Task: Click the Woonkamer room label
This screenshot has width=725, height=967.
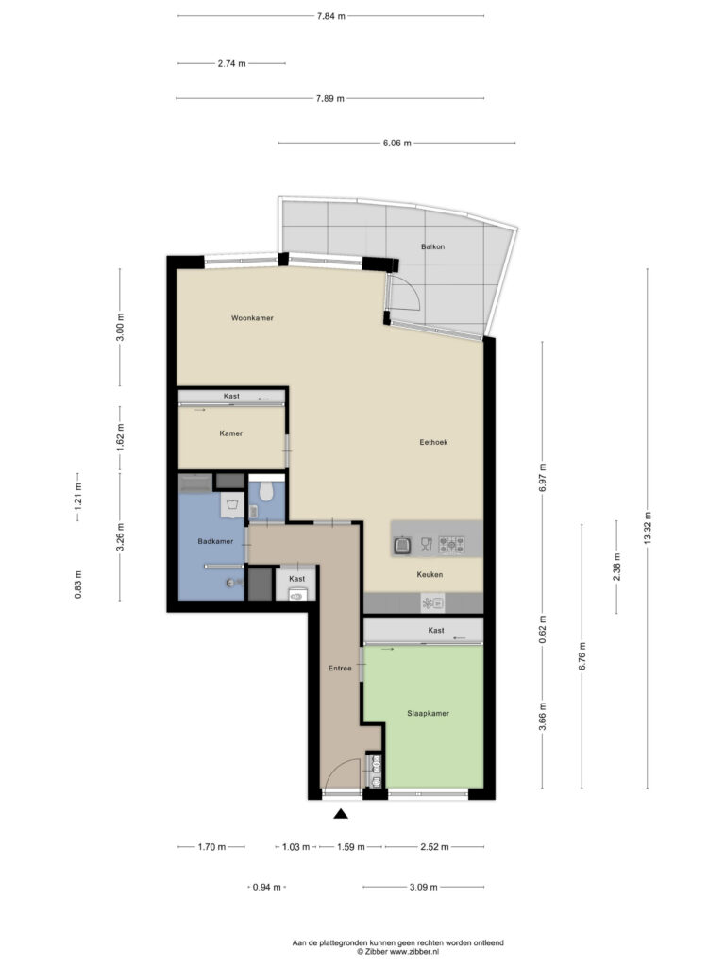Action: point(252,318)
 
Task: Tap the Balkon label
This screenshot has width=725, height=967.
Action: point(432,246)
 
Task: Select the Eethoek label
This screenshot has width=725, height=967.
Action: point(433,442)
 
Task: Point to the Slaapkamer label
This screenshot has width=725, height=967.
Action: point(428,714)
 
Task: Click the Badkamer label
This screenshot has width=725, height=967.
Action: point(215,541)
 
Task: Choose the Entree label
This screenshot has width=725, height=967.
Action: point(340,668)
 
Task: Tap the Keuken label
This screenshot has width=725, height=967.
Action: point(430,575)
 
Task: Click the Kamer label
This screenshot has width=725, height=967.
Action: point(231,433)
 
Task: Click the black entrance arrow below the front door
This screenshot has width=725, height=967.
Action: point(341,814)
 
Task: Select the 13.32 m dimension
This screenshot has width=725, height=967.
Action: point(648,528)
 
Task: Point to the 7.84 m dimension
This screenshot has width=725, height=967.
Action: point(331,16)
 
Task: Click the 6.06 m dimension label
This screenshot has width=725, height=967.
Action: point(397,144)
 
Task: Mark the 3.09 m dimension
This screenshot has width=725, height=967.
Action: point(424,887)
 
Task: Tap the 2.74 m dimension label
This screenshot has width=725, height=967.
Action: point(232,63)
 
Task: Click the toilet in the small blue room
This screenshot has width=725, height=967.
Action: point(266,490)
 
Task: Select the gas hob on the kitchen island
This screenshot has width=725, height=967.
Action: point(451,545)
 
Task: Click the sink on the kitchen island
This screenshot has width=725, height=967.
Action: point(403,545)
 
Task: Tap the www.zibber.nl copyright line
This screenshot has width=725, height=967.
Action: point(397,952)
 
